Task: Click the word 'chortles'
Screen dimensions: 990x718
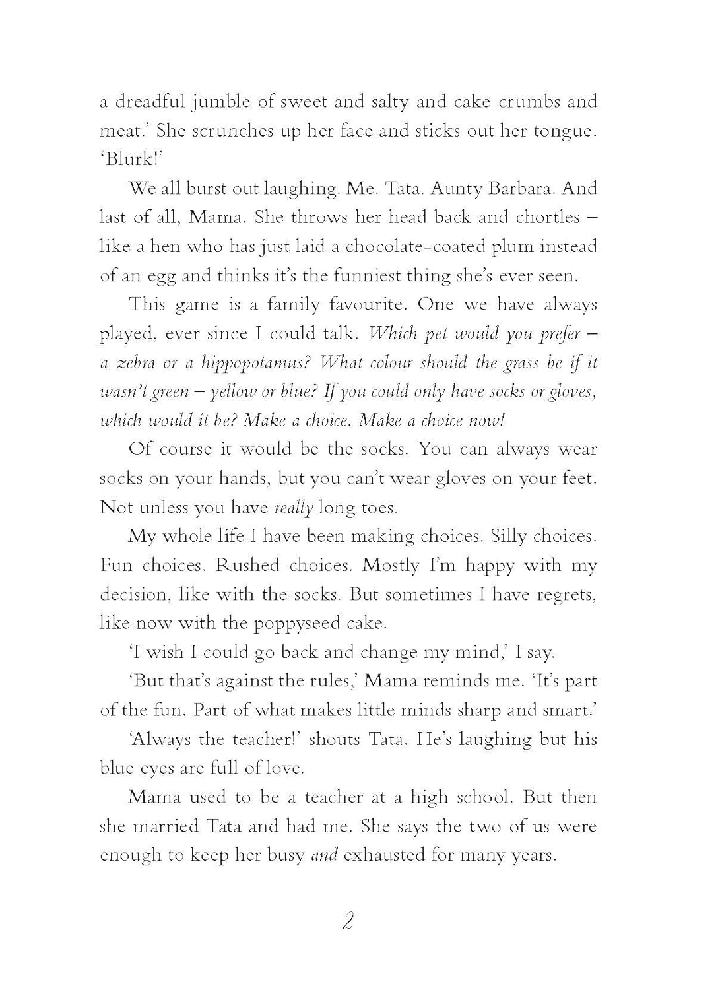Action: (x=540, y=218)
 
